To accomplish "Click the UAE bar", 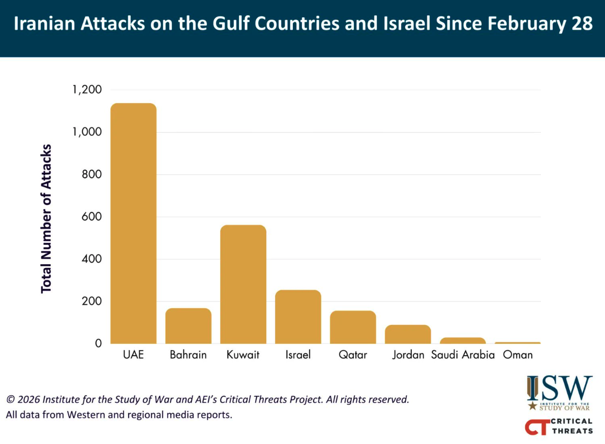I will pyautogui.click(x=133, y=224).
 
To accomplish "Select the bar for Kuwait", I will pyautogui.click(x=243, y=284).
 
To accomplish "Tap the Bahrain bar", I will pyautogui.click(x=188, y=326).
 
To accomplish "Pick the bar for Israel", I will pyautogui.click(x=298, y=317).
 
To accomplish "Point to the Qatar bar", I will pyautogui.click(x=353, y=327).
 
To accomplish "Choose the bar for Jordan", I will pyautogui.click(x=408, y=334).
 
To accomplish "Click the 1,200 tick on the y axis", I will pyautogui.click(x=87, y=90).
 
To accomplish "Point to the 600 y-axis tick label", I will pyautogui.click(x=92, y=217).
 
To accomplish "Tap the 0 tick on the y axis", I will pyautogui.click(x=98, y=343).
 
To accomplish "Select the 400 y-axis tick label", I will pyautogui.click(x=92, y=259).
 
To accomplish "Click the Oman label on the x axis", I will pyautogui.click(x=518, y=355).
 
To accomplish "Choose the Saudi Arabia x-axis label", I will pyautogui.click(x=463, y=355).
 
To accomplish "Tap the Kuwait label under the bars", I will pyautogui.click(x=243, y=355).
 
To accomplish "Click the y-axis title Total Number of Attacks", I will pyautogui.click(x=47, y=218).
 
